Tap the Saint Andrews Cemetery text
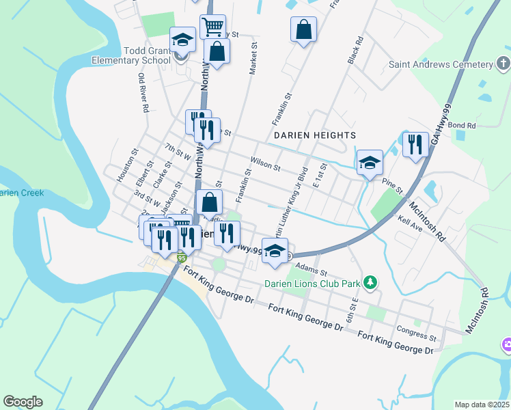click(x=440, y=65)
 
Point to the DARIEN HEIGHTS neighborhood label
click(x=315, y=135)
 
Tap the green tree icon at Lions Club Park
click(x=370, y=282)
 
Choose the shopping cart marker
click(x=212, y=27)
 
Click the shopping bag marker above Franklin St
click(x=303, y=29)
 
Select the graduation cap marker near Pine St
click(x=370, y=163)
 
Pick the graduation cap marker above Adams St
click(x=275, y=251)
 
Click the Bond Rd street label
click(x=462, y=126)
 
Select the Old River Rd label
click(x=143, y=93)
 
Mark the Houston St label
click(x=127, y=165)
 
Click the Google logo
click(x=23, y=402)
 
